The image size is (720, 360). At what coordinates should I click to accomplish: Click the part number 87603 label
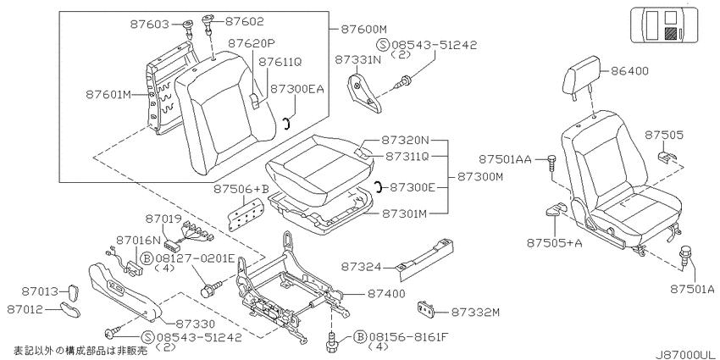(150, 24)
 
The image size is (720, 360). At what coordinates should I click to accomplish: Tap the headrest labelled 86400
(582, 76)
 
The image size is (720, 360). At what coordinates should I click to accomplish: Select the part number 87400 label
(385, 293)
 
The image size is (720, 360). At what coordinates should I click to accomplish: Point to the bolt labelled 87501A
(685, 256)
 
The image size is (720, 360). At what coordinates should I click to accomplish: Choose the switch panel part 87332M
(428, 310)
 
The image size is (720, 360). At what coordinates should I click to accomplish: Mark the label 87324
(361, 267)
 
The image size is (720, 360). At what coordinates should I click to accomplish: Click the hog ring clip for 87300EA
(285, 123)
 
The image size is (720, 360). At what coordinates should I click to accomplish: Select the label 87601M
(108, 95)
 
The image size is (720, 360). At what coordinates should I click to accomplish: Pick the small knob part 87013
(74, 291)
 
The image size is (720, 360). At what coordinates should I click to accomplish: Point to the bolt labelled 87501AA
(551, 163)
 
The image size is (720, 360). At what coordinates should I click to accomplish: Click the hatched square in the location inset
(671, 33)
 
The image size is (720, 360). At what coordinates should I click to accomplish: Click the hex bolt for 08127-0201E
(210, 288)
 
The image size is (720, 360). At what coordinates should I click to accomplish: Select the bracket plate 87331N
(363, 94)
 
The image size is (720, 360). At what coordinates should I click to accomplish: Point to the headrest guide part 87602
(208, 25)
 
